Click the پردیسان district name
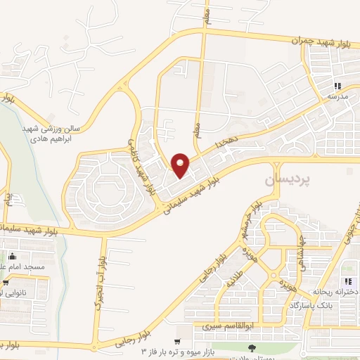click(x=286, y=181)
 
